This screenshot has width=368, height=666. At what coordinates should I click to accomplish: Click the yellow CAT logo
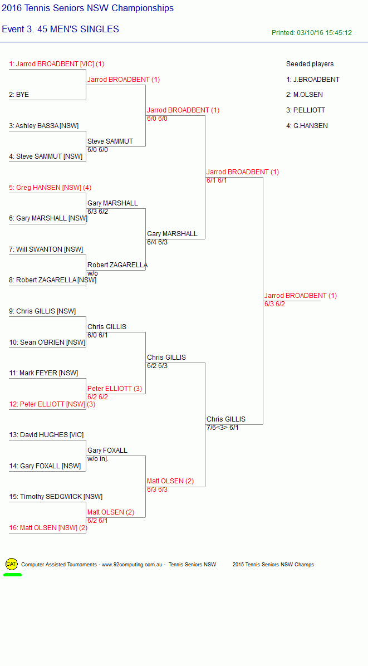(12, 564)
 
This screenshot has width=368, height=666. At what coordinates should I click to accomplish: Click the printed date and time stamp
(312, 33)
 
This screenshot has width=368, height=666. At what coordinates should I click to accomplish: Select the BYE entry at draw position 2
(19, 95)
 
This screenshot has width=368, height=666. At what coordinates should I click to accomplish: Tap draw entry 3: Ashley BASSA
(44, 126)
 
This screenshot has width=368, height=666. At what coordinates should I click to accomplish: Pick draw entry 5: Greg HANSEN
(50, 187)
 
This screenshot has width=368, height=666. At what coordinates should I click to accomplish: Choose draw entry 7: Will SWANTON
(46, 249)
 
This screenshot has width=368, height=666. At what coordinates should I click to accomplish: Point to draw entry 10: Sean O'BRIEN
(47, 342)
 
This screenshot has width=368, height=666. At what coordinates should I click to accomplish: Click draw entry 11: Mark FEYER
(43, 373)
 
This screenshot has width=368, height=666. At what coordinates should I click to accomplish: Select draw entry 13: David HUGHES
(46, 435)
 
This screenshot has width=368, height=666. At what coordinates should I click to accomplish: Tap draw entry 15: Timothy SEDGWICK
(56, 497)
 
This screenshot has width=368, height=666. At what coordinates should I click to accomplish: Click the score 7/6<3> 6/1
(222, 428)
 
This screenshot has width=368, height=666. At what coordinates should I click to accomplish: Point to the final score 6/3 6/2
(274, 304)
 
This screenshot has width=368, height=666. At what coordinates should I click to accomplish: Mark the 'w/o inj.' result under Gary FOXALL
(98, 459)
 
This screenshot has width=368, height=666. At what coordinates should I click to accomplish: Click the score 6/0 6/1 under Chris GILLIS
(97, 335)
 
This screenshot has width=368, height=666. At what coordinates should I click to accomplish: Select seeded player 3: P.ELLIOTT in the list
(306, 110)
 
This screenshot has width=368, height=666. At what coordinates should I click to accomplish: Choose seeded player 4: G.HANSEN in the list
(307, 126)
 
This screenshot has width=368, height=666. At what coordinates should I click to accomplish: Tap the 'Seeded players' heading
(310, 64)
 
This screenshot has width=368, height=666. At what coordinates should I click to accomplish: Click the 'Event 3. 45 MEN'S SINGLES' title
(60, 30)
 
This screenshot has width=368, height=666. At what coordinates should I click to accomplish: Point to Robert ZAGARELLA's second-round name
(117, 265)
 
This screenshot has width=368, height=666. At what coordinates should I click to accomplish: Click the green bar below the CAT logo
(12, 575)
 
